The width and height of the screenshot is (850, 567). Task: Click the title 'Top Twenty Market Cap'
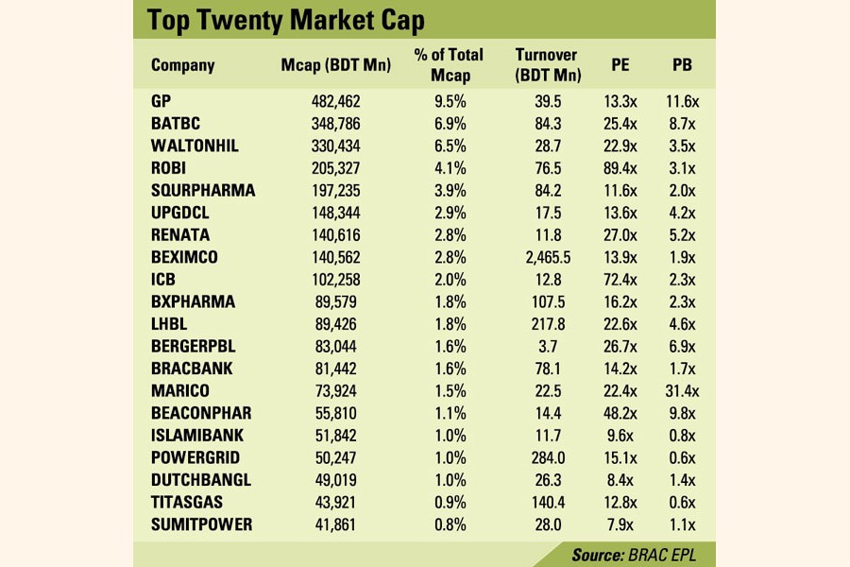[x=286, y=19]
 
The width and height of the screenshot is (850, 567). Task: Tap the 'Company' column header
[x=182, y=66]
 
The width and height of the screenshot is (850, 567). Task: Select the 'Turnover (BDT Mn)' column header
[x=547, y=65]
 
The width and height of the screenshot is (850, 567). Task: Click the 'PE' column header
[x=620, y=66]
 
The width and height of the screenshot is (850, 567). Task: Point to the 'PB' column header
[x=681, y=66]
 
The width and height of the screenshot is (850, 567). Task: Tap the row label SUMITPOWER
[x=201, y=524]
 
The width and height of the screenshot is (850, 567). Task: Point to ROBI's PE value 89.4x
[x=620, y=168]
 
